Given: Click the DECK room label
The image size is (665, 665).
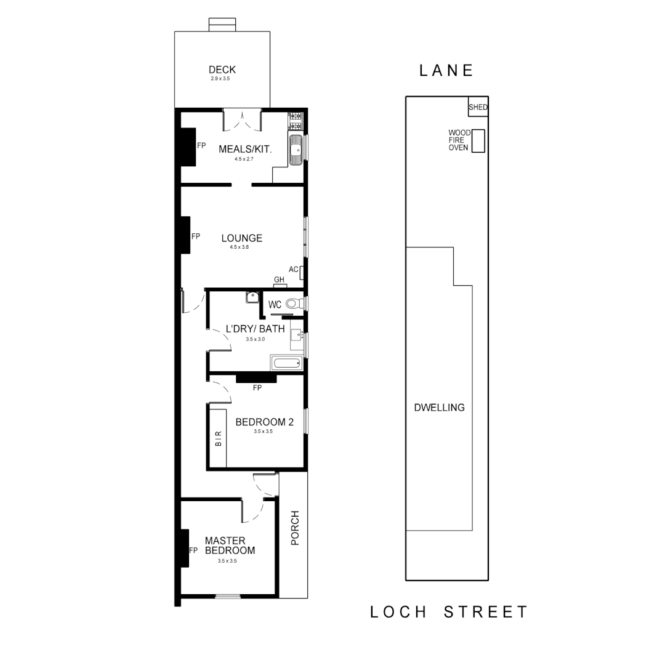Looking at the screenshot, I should coord(222,70).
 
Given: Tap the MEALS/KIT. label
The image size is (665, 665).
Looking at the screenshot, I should coord(246,149).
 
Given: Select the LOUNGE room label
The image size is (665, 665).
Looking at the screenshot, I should coord(242,238).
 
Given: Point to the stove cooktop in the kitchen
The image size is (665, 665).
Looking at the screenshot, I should coord(295,116).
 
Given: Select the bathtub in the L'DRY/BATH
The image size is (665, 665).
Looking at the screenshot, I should coord(286,363).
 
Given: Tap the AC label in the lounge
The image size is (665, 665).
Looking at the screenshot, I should coord(293,269).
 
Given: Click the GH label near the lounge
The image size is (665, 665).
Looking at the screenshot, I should coord(280,280).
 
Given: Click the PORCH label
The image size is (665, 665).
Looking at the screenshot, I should coord(294,528).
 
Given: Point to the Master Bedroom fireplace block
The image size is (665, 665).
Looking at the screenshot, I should coord(184,548).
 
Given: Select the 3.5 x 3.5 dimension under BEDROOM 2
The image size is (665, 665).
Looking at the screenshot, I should coord(263,432).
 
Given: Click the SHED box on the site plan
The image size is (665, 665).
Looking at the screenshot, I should coord(478,107).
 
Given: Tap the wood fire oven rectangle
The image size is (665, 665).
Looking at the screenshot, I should coord(478,141).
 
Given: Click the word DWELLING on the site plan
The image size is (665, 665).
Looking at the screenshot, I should coord(439,407).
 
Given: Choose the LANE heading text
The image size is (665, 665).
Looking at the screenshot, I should coord(446,70).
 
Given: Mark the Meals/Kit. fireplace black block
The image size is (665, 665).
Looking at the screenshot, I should coord(187,147).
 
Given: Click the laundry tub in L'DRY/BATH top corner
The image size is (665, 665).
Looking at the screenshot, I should coord(252,297).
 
